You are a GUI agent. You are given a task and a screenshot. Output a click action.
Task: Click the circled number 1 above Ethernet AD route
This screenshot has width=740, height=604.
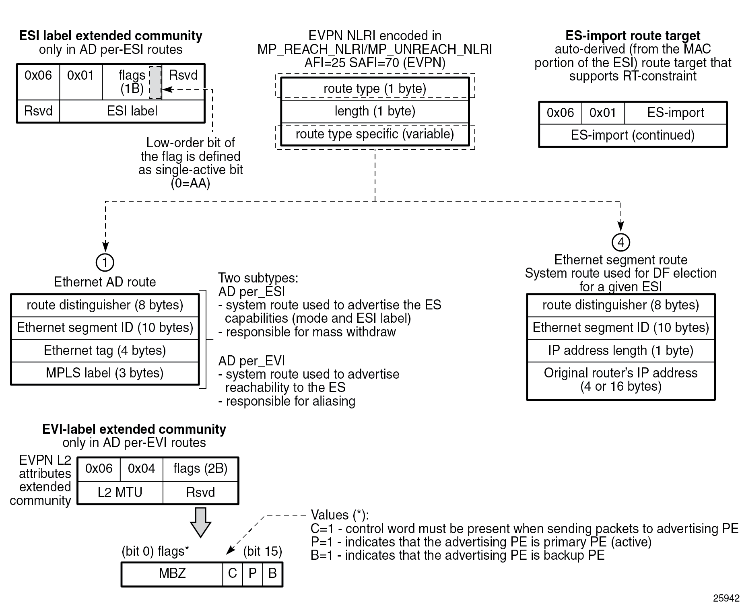105,262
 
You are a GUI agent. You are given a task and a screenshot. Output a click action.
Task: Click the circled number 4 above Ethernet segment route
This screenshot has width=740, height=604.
620,242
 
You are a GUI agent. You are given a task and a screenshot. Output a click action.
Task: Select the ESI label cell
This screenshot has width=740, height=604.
132,111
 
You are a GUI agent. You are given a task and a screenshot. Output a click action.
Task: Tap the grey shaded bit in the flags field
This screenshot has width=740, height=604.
155,82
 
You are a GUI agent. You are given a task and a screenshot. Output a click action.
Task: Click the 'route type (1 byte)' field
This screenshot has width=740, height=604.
375,89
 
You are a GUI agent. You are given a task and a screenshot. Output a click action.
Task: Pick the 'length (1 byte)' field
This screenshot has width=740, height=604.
375,111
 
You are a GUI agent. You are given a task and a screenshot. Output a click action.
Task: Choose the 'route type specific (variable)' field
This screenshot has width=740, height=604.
375,134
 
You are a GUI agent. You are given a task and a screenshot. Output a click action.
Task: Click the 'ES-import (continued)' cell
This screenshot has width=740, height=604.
633,135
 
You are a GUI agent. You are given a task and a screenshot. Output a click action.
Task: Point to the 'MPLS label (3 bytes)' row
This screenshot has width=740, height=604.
105,373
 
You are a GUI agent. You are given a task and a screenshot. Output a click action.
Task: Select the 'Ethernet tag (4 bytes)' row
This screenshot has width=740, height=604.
105,350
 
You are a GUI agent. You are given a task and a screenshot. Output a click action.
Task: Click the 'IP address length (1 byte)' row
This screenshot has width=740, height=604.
620,350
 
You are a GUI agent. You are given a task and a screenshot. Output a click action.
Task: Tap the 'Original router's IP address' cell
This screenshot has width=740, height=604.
620,380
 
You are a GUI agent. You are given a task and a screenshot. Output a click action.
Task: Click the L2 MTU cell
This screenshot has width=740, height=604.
120,492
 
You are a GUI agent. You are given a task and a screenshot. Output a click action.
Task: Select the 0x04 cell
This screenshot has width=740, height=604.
141,469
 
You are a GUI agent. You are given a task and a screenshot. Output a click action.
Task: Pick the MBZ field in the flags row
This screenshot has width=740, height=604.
172,573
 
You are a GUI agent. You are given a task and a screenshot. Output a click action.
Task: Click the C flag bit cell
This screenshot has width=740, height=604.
232,573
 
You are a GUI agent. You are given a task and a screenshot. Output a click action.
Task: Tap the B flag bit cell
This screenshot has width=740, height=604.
272,573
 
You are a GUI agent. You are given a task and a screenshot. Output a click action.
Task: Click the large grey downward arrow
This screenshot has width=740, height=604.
200,522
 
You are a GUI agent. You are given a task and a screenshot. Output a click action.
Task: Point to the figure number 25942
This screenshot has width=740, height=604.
726,598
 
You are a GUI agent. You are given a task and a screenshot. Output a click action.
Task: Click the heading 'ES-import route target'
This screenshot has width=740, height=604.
633,36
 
